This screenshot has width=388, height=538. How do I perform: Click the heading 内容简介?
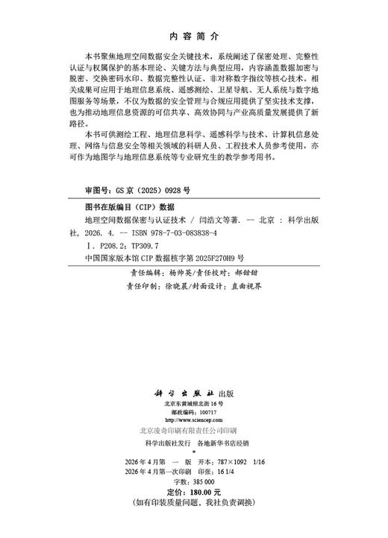pos(193,35)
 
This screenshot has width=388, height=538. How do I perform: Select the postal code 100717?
pos(204,411)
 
